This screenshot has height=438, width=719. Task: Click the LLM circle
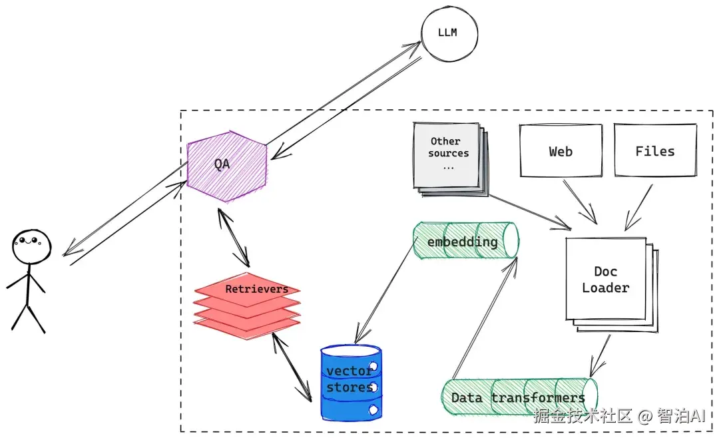tap(448, 32)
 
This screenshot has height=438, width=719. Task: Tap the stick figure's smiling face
tap(31, 245)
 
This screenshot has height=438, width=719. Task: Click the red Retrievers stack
tap(247, 303)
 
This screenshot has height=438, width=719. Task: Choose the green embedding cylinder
tap(465, 241)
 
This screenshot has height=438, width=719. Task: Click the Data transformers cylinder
tap(519, 397)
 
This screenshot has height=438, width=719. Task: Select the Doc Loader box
tap(606, 280)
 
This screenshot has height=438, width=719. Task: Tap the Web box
tap(561, 151)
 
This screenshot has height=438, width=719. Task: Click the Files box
tap(655, 151)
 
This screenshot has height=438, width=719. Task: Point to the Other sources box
tap(447, 154)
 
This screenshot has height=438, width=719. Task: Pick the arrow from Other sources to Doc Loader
tap(526, 210)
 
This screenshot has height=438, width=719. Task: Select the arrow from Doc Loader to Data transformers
tap(600, 355)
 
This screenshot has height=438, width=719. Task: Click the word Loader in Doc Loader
tap(606, 288)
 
